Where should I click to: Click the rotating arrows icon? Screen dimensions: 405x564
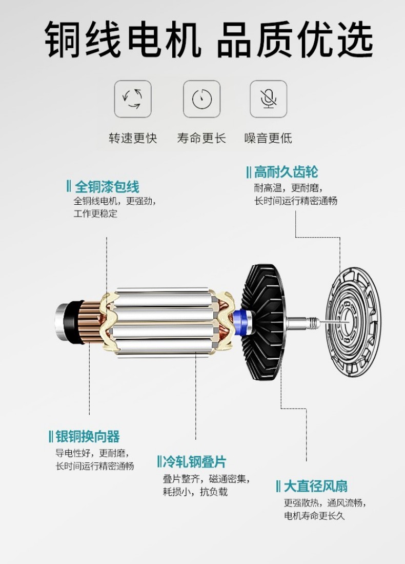pyautogui.click(x=133, y=99)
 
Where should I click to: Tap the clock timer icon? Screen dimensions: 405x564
pyautogui.click(x=201, y=99)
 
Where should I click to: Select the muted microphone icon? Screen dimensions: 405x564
pyautogui.click(x=269, y=99)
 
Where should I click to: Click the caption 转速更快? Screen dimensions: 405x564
pyautogui.click(x=133, y=138)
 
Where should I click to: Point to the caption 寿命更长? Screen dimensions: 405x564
pyautogui.click(x=201, y=138)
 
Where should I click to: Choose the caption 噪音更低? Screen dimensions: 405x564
pyautogui.click(x=268, y=138)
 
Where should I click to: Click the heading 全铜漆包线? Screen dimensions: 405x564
pyautogui.click(x=107, y=187)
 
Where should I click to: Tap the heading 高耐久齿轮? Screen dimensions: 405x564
pyautogui.click(x=286, y=172)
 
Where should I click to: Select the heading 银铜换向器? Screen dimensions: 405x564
pyautogui.click(x=87, y=437)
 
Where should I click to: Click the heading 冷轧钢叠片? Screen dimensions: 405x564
pyautogui.click(x=194, y=461)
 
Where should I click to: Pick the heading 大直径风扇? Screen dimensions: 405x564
pyautogui.click(x=315, y=487)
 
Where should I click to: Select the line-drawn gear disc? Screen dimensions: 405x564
pyautogui.click(x=353, y=322)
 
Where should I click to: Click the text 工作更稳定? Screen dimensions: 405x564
pyautogui.click(x=95, y=213)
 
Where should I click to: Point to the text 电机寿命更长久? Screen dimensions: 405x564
pyautogui.click(x=314, y=516)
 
